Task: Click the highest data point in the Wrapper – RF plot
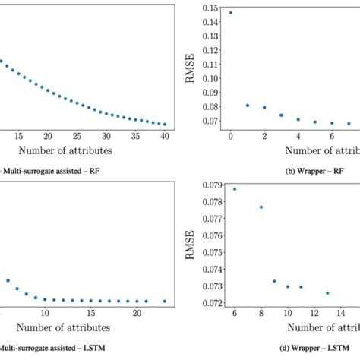(230, 13)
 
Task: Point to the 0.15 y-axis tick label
(208, 8)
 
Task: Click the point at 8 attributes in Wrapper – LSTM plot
(261, 207)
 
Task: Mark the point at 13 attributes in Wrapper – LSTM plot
(328, 293)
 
